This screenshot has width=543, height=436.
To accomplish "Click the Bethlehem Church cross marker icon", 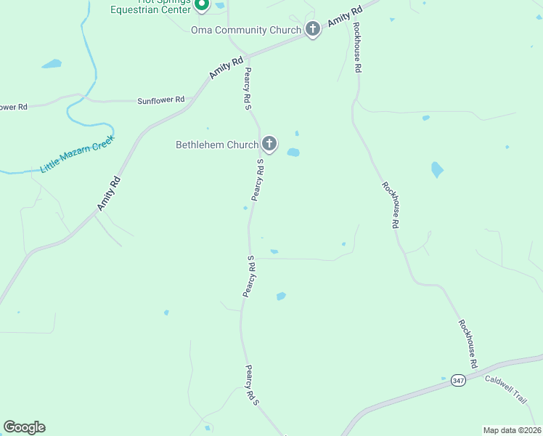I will [269, 144].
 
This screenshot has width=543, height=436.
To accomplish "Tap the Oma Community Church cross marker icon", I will [313, 30].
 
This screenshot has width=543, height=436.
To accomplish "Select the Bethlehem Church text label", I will [217, 145].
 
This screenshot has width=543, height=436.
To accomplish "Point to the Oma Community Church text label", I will [245, 30].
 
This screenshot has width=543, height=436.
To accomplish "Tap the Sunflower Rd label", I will [161, 100].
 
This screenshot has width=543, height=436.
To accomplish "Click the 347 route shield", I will [457, 380].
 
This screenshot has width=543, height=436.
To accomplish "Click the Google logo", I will [24, 427].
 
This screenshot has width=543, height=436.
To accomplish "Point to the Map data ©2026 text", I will [511, 430].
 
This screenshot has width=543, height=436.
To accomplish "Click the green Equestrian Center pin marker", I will [202, 4].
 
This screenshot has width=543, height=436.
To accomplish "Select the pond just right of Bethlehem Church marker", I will [293, 152].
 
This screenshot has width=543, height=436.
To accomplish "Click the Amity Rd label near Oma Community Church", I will [344, 17].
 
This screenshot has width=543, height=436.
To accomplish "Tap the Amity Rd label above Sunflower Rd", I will [226, 68].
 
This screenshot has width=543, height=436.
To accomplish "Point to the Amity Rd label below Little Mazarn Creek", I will [107, 194].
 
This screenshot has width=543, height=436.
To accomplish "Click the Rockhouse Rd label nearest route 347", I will [468, 343].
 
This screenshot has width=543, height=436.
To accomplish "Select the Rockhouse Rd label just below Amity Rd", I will [357, 47].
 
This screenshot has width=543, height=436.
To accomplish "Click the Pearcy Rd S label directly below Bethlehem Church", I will [257, 180].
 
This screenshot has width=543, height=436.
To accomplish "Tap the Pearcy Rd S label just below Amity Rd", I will [248, 89].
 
